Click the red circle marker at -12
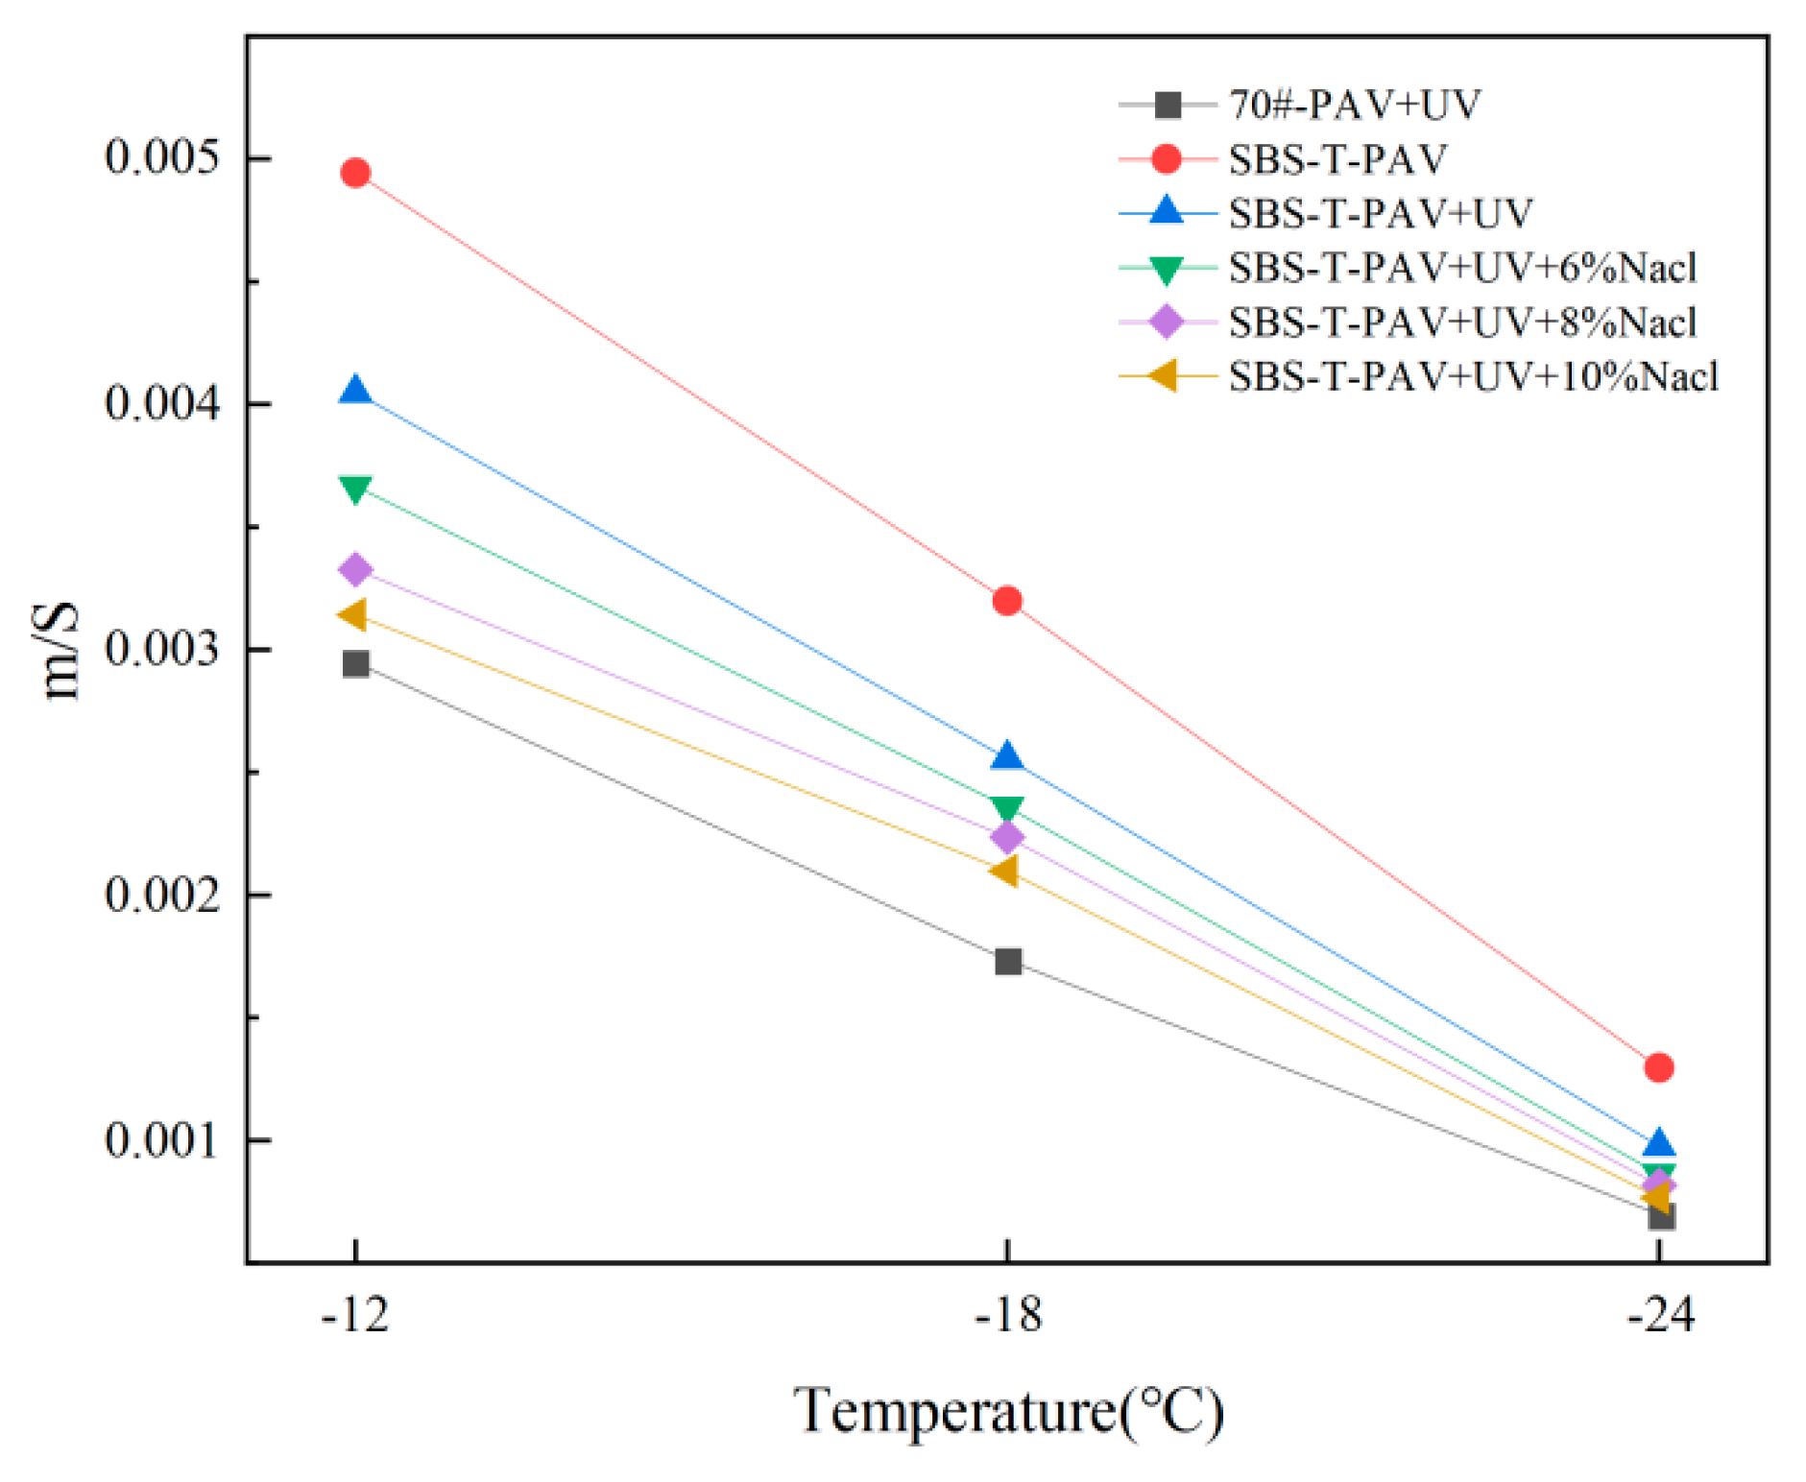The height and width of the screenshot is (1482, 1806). click(355, 173)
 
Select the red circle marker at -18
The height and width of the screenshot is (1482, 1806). click(1006, 601)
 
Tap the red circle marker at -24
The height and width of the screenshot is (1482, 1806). click(1658, 1066)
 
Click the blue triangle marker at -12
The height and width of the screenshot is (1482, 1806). click(355, 391)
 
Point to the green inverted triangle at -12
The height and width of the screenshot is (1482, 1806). click(355, 489)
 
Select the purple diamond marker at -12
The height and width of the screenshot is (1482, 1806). click(355, 569)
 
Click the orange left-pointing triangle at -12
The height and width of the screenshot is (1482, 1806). click(353, 614)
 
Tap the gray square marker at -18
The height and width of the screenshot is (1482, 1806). click(1007, 961)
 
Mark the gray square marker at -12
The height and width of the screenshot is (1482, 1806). click(355, 663)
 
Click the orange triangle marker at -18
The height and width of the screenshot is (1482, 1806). click(1004, 871)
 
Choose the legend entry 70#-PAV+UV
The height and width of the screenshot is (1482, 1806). click(1354, 105)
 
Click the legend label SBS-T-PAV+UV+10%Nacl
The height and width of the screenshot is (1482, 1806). click(1473, 376)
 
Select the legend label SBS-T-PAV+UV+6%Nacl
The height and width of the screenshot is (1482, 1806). click(1461, 268)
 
